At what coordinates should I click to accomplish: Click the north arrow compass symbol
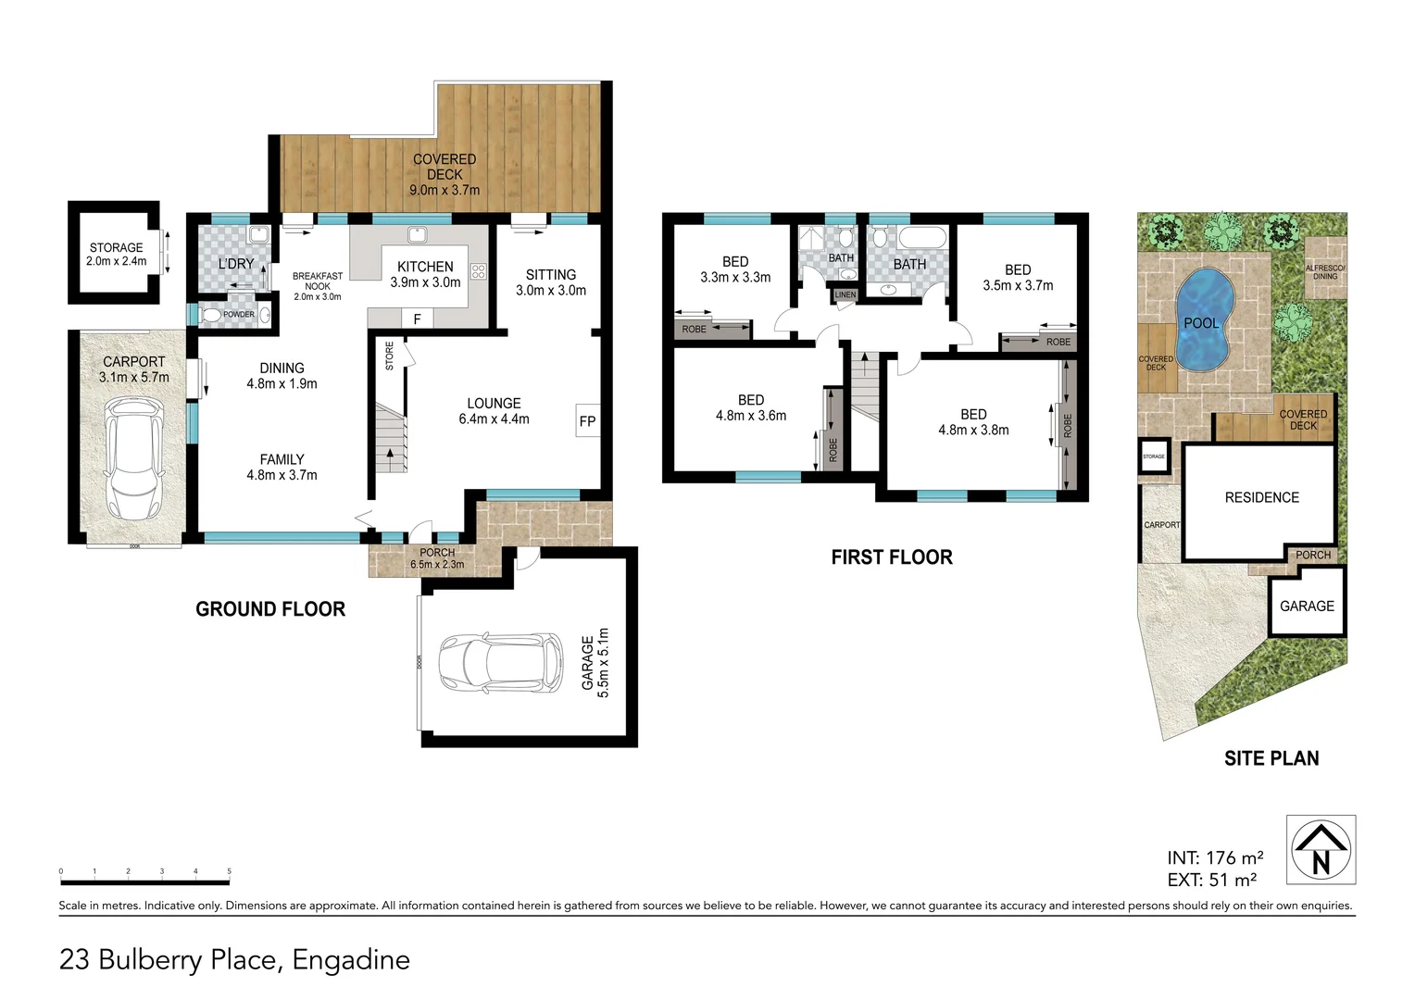point(1321,850)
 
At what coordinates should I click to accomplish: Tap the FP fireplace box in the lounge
point(587,421)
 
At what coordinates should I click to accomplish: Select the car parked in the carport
point(133,458)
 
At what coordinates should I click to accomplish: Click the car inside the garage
point(501,663)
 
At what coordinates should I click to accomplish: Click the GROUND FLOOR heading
point(270,609)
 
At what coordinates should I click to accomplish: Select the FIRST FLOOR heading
point(891,557)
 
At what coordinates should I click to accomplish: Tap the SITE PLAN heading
point(1271,758)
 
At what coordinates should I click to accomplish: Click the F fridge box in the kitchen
point(417,319)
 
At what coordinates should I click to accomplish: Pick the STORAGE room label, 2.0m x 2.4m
point(117,255)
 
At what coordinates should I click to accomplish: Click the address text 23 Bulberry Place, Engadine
point(234,960)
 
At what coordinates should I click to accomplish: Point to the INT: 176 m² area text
point(1215,858)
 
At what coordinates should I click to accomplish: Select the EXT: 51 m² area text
point(1212,881)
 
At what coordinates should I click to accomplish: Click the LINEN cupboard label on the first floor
point(845,295)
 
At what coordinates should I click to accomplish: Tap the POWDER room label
point(238,315)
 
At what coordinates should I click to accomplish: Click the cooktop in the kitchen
point(478,271)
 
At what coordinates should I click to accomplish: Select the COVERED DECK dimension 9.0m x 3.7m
point(445,190)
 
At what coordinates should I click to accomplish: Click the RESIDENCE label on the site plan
point(1261,497)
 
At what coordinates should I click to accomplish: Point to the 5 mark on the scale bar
point(229,871)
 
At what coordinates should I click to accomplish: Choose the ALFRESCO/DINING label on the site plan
point(1325,271)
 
